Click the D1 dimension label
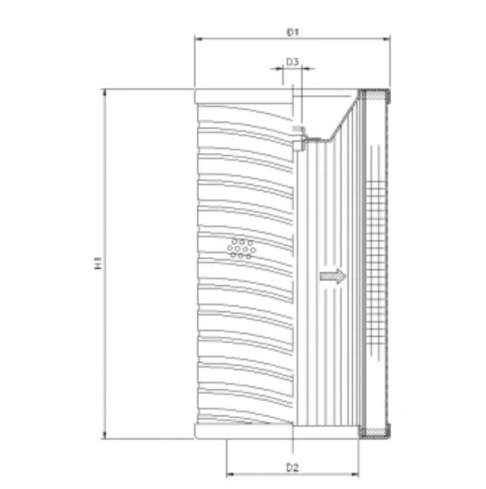(292, 32)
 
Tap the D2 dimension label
(292, 468)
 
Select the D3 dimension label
(292, 62)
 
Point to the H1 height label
(98, 263)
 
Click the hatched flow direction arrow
(333, 276)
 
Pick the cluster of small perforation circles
(241, 249)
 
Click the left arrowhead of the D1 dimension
(199, 39)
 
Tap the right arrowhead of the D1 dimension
(387, 39)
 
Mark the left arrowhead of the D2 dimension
(230, 474)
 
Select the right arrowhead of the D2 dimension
(355, 474)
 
